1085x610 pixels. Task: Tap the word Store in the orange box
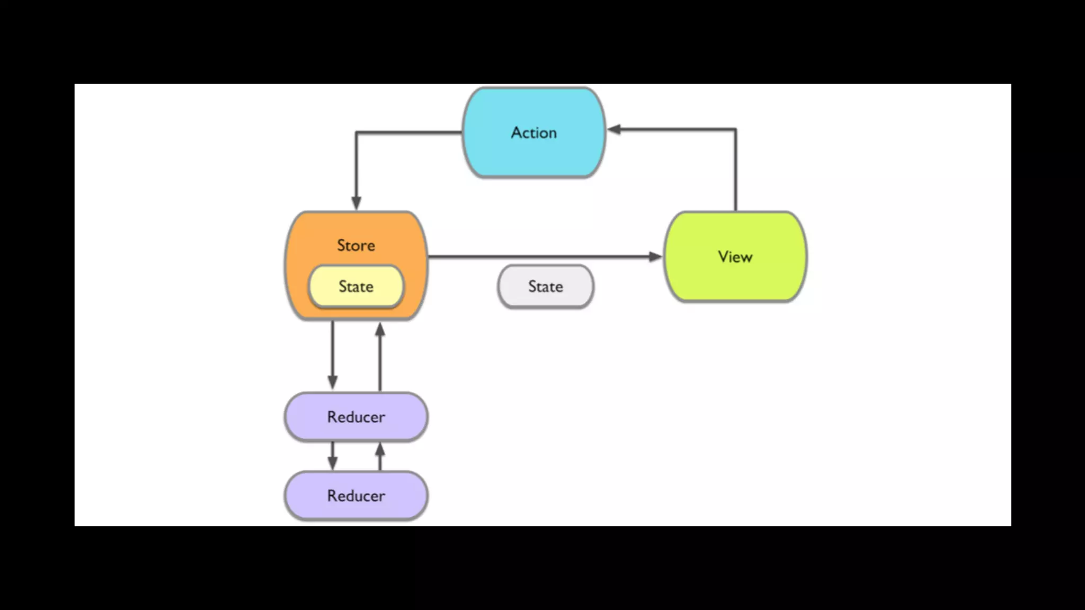356,245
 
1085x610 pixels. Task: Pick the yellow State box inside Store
356,286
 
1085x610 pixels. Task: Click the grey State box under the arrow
546,286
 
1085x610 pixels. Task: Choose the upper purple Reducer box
356,417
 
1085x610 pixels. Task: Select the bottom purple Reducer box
356,496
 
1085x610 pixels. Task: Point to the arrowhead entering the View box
656,257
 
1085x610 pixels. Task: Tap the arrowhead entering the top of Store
356,203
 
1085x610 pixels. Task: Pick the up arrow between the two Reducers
380,456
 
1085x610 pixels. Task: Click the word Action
534,132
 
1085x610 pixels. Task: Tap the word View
735,257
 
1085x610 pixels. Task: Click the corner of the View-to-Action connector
735,129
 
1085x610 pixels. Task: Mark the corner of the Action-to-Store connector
356,132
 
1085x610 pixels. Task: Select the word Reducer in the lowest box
356,496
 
